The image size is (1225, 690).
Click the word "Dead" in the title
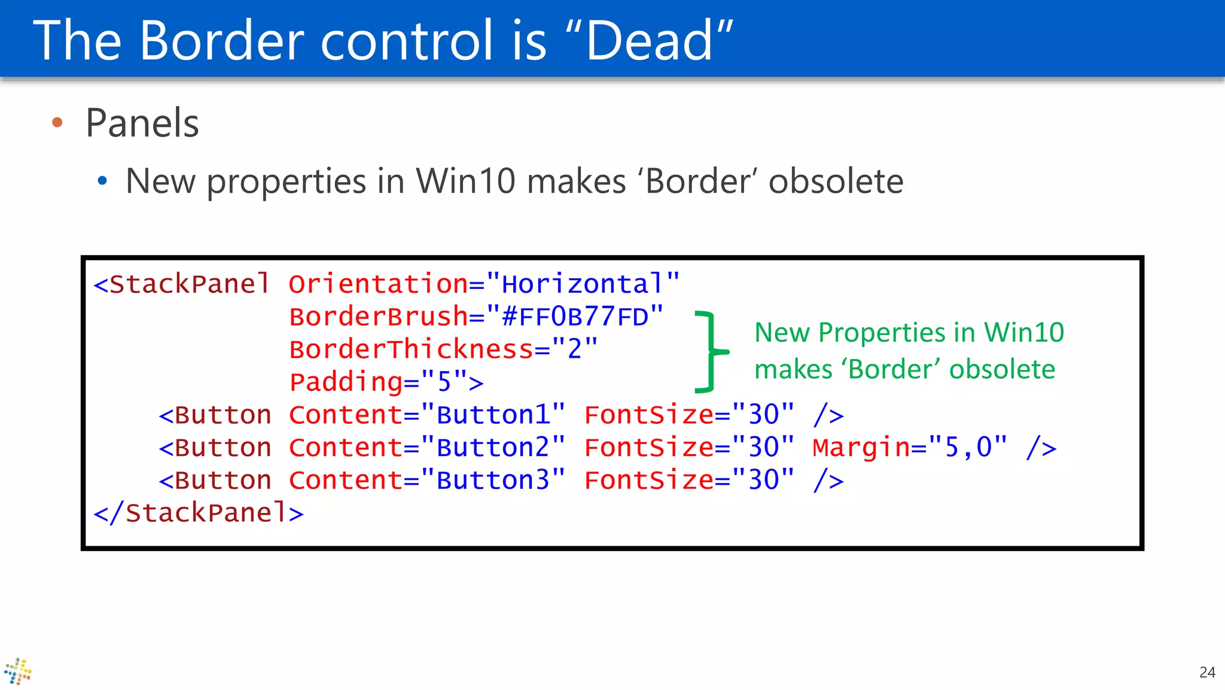[x=649, y=41]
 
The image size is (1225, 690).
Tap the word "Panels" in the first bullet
[x=142, y=123]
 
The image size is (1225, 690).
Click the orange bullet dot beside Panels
[x=57, y=123]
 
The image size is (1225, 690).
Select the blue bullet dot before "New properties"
[x=102, y=180]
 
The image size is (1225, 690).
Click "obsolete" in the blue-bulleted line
[x=836, y=181]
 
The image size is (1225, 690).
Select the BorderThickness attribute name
[x=411, y=349]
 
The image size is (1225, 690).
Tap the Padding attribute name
[x=346, y=382]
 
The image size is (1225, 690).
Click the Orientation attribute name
[x=378, y=284]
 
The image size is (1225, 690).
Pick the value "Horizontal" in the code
[x=583, y=284]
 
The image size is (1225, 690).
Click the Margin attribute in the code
[x=861, y=448]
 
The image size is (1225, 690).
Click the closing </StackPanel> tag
[x=199, y=513]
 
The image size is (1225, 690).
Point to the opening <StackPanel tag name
[x=182, y=284]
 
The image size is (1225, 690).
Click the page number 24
[x=1207, y=672]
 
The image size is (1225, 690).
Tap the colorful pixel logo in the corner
[x=18, y=671]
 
